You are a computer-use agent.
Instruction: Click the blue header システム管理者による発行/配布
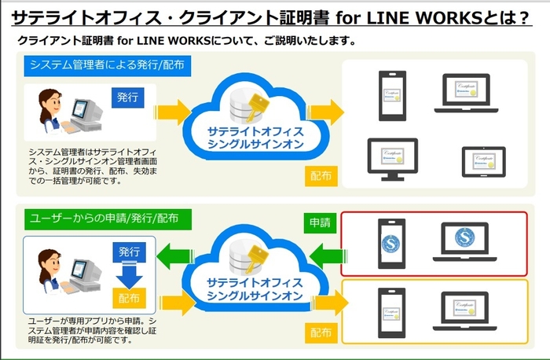point(108,65)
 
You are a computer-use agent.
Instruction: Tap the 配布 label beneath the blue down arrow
point(129,298)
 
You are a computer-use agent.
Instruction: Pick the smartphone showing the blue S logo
point(391,244)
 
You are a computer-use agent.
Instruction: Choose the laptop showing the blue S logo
point(476,244)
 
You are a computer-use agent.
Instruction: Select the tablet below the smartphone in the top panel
point(391,157)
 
